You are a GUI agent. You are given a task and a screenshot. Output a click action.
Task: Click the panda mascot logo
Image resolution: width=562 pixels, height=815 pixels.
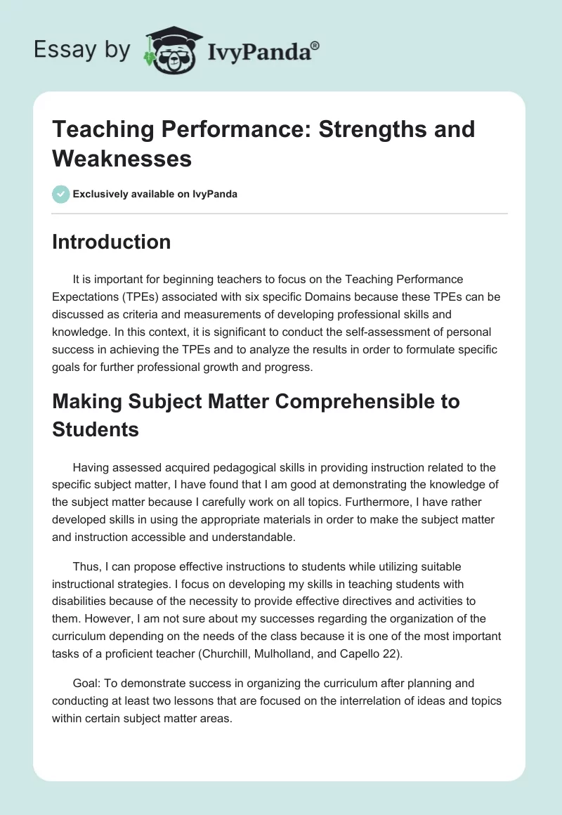point(171,50)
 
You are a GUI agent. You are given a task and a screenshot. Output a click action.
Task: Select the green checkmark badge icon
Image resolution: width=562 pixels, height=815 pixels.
point(60,194)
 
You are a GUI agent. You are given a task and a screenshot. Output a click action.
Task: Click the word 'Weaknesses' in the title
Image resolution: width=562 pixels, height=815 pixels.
point(122,158)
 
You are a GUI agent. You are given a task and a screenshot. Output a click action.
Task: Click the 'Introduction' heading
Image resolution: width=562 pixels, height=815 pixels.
point(112,242)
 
